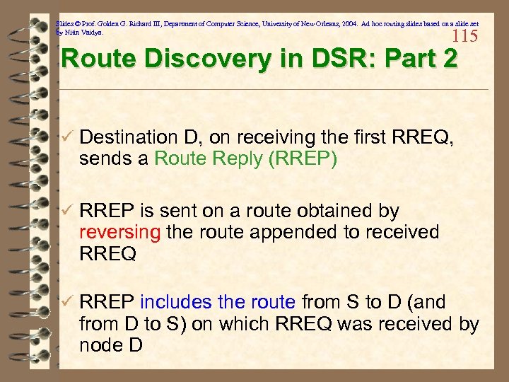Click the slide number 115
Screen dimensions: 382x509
pos(465,37)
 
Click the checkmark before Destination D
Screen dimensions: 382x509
pos(67,137)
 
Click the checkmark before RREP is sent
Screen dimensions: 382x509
pos(67,211)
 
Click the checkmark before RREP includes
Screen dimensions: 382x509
pos(67,302)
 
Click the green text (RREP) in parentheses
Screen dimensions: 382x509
pos(303,158)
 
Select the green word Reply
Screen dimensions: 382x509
pos(236,159)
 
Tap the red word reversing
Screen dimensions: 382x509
pos(121,232)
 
